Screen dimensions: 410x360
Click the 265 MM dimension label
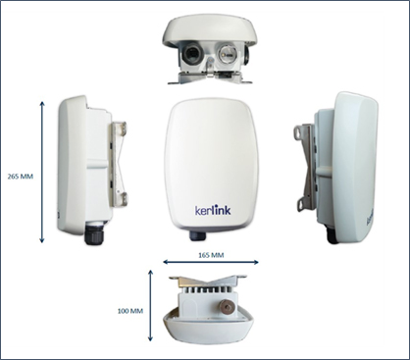(21, 177)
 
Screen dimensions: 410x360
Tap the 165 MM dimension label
(211, 255)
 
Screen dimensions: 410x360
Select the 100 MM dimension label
(130, 311)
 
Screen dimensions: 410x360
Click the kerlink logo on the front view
(213, 209)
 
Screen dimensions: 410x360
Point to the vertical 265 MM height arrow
(42, 173)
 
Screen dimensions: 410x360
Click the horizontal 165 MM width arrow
(211, 262)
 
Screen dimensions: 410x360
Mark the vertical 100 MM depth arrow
(150, 306)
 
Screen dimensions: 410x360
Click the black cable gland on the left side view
(94, 232)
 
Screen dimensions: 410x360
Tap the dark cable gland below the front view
(197, 235)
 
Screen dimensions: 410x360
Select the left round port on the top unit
(191, 53)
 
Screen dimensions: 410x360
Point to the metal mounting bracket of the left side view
(118, 165)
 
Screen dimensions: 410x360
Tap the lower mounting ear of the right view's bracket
(301, 203)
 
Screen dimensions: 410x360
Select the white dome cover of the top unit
(206, 31)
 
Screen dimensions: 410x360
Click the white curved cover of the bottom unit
(209, 329)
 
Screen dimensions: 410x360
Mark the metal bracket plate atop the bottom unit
(208, 281)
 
